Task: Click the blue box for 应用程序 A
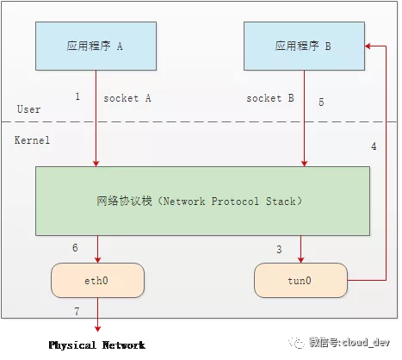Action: (96, 46)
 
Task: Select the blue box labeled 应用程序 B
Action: (304, 46)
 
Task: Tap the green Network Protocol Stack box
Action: (202, 201)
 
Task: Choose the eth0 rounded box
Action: (97, 280)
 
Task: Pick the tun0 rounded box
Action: (300, 280)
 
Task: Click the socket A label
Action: (127, 98)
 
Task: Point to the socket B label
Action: (270, 98)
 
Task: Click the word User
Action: (28, 109)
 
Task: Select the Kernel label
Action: (32, 140)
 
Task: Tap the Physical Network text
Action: (97, 344)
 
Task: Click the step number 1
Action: (77, 96)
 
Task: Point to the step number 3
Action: (279, 249)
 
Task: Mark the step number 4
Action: (374, 146)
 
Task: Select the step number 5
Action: (321, 102)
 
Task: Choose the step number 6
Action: (75, 247)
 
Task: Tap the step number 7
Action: (77, 311)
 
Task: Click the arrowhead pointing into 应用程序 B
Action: (368, 46)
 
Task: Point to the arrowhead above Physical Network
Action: (97, 329)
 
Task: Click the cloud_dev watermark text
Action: (349, 342)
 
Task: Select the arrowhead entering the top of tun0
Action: (300, 260)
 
